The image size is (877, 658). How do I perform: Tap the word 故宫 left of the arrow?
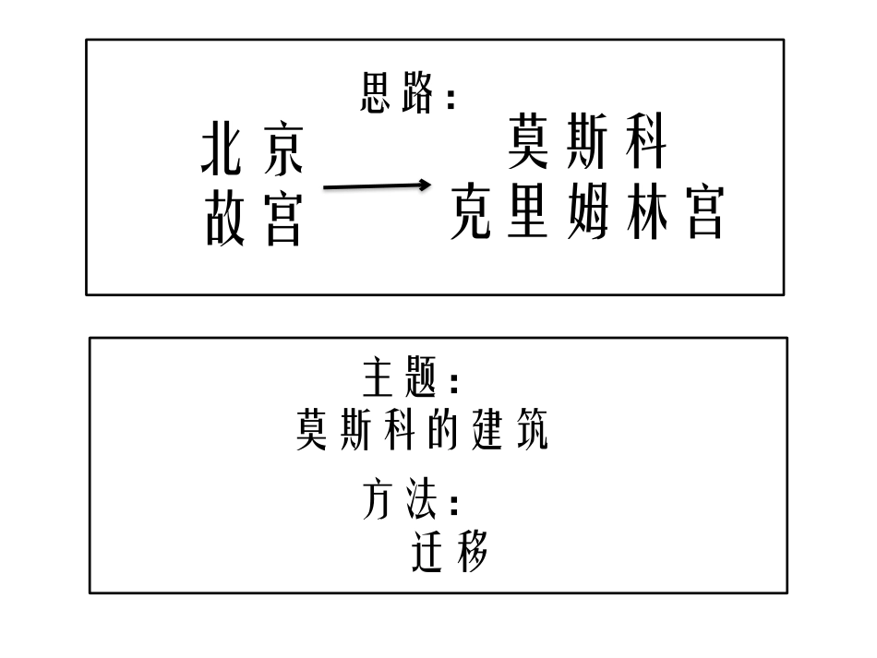(x=253, y=221)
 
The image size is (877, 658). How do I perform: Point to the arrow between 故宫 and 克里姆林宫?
(x=377, y=186)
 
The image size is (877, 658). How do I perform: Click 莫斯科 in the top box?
(x=587, y=144)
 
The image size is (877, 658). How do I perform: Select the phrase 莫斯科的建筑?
(x=422, y=430)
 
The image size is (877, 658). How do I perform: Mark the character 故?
(x=224, y=221)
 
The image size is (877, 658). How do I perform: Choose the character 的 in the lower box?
(x=449, y=430)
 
